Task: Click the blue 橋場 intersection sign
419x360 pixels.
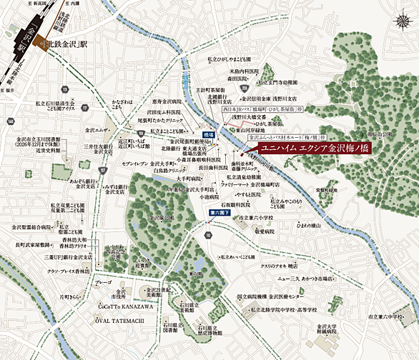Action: click(208, 134)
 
